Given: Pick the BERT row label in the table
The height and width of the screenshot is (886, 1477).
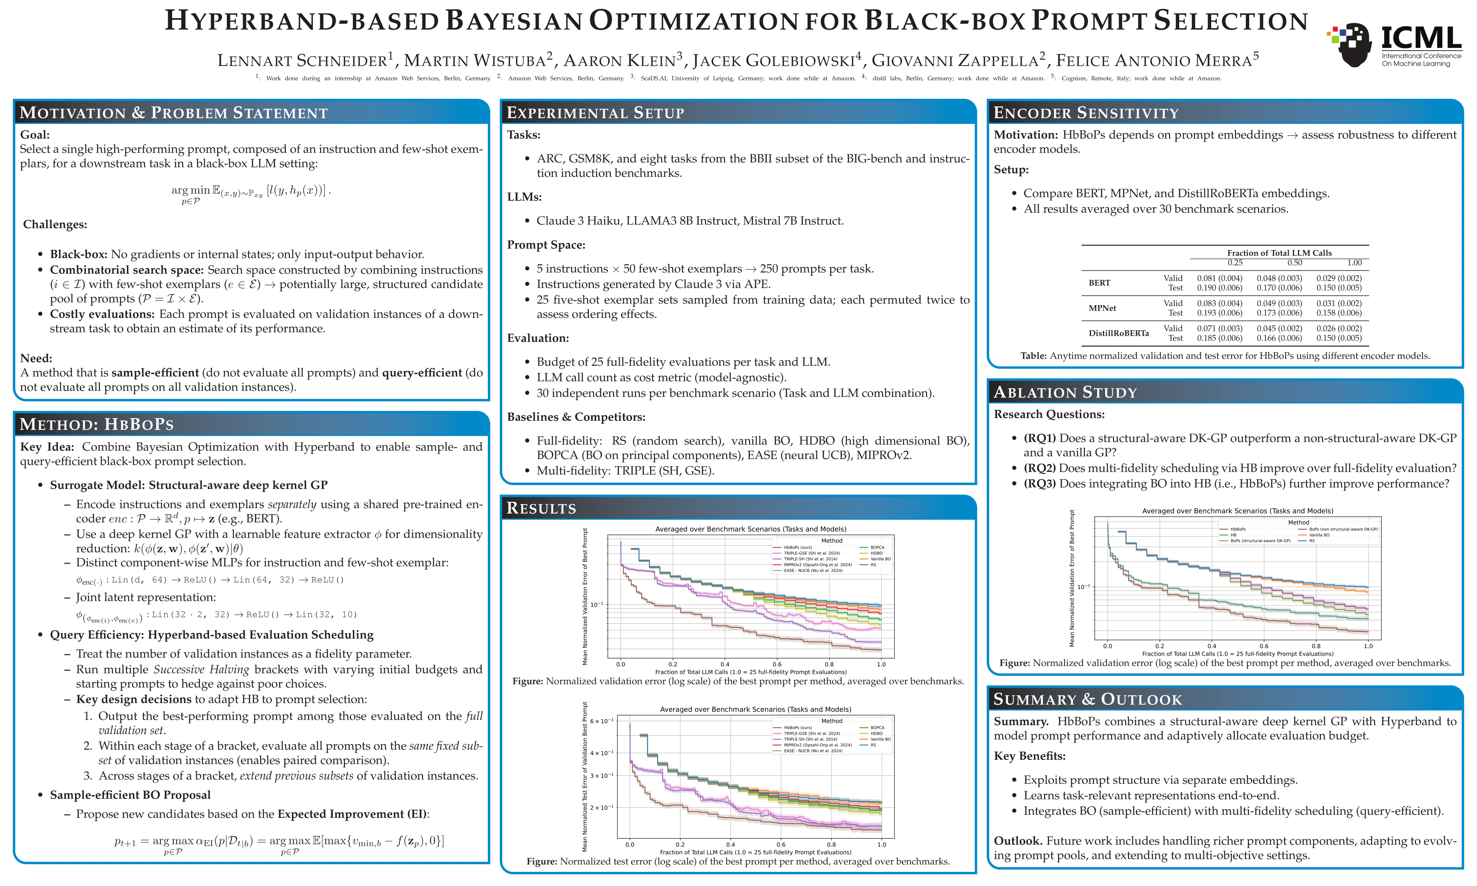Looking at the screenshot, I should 1099,283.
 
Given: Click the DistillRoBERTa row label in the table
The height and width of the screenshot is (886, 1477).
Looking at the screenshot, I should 1118,333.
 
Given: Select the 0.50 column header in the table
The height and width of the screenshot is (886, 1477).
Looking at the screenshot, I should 1294,263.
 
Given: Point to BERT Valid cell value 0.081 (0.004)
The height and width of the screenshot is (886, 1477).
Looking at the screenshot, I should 1219,278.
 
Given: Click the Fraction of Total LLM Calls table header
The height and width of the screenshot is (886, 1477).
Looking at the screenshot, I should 1279,253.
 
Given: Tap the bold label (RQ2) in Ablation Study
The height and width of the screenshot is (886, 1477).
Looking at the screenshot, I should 1039,468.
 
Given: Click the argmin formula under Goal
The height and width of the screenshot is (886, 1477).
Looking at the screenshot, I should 251,192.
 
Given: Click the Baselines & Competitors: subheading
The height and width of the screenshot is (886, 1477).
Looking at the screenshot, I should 575,417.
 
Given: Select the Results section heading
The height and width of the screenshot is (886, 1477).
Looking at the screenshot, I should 541,508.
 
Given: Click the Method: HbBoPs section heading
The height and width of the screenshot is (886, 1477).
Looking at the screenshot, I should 97,425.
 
